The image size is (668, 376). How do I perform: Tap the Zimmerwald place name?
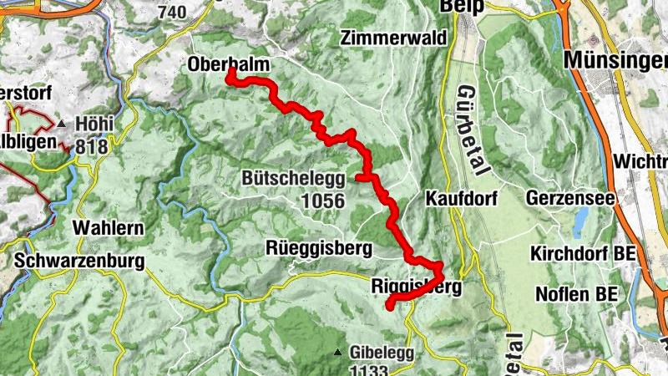[x=393, y=38]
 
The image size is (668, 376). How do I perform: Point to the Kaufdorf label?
[x=462, y=199]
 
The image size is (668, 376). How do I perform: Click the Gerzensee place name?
[x=570, y=199]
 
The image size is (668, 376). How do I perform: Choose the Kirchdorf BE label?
[x=581, y=253]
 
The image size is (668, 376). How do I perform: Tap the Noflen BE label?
[x=575, y=294]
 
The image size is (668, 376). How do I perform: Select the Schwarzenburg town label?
[x=79, y=261]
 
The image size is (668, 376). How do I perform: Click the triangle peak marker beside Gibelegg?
[x=338, y=353]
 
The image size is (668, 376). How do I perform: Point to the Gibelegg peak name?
[x=382, y=352]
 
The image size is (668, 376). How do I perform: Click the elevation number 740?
[x=171, y=12]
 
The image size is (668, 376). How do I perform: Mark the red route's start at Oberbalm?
[x=228, y=78]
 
